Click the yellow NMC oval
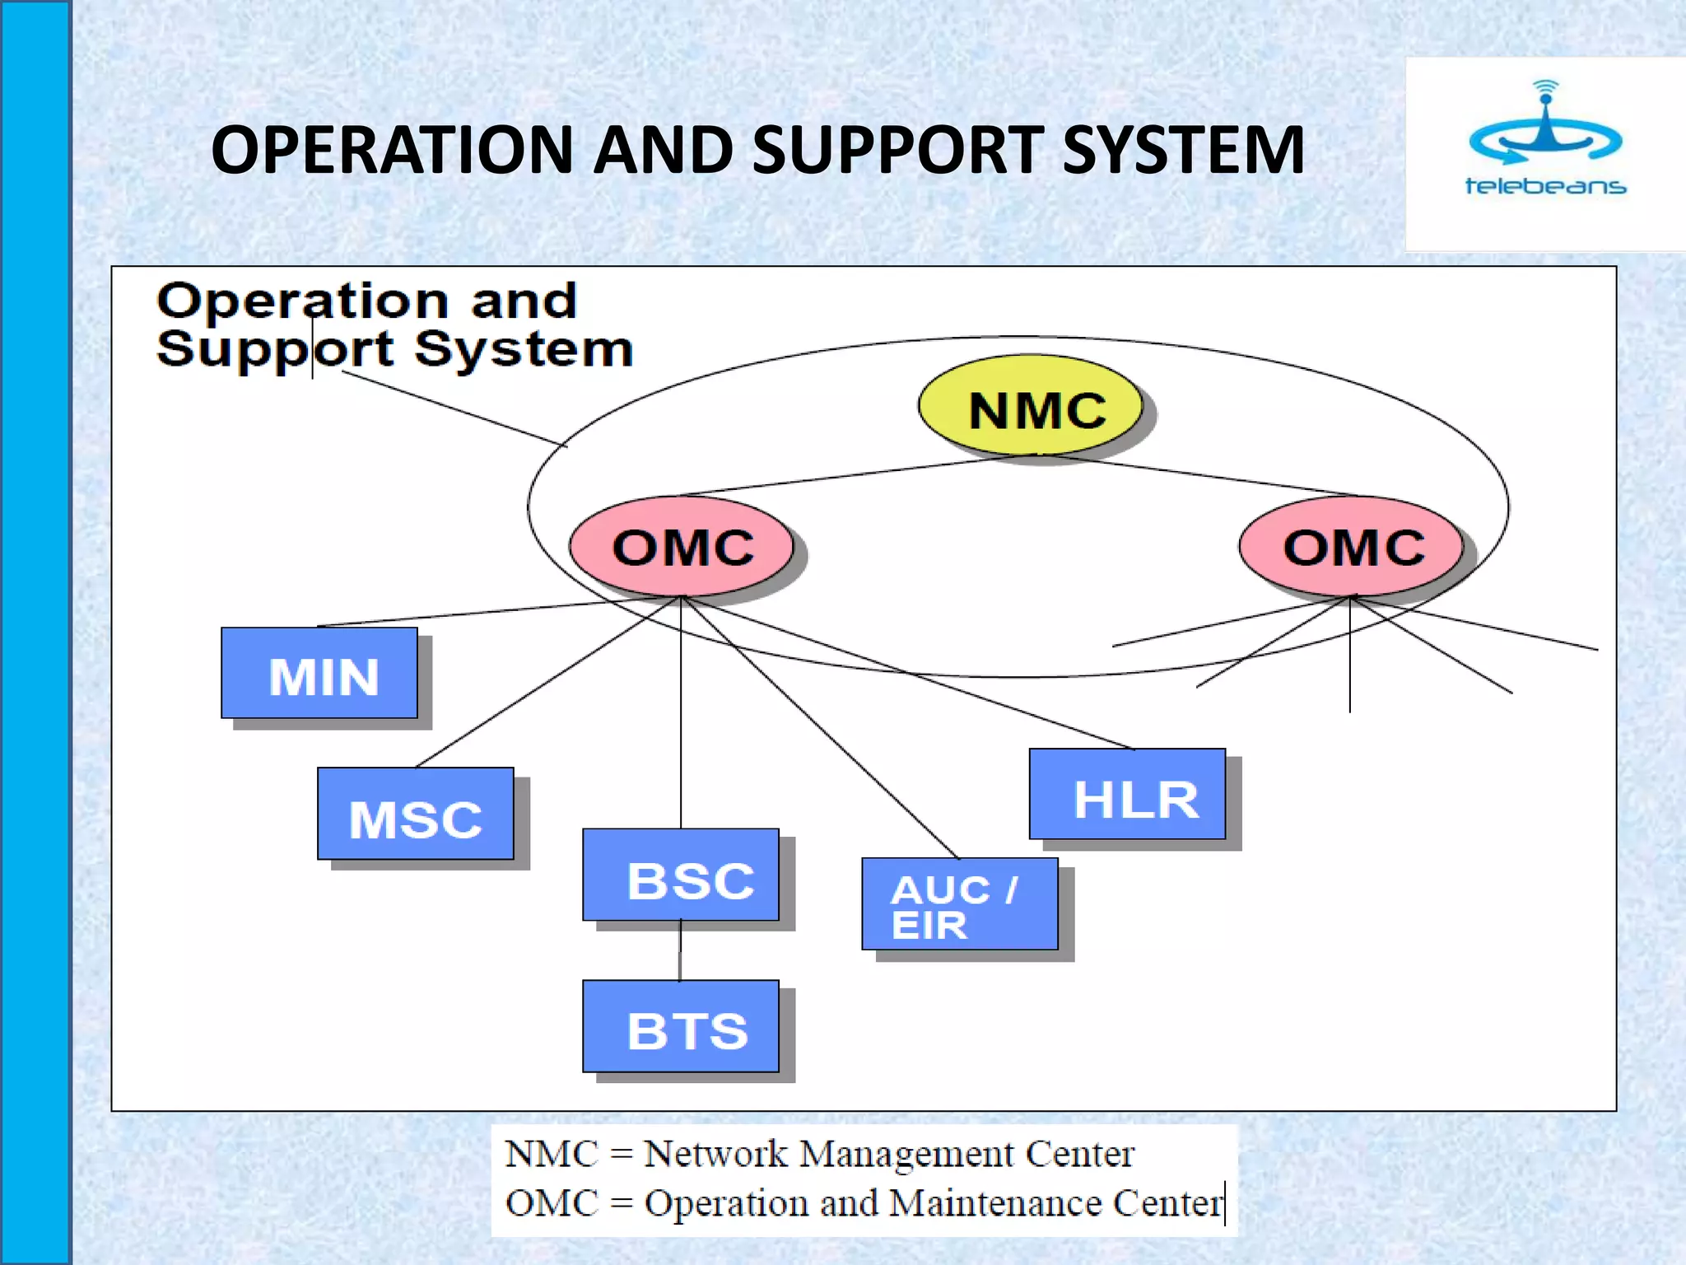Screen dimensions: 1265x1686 (1031, 405)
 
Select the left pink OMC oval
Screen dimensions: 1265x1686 (682, 546)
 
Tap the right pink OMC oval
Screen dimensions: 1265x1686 (1351, 546)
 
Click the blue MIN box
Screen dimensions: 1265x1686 (319, 674)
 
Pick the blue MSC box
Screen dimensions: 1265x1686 (416, 815)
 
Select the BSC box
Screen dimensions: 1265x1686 (681, 875)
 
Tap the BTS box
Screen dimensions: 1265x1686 (681, 1026)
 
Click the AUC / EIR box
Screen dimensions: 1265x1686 (960, 904)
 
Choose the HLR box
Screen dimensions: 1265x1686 (1128, 795)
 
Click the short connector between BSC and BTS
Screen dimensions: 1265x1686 (680, 950)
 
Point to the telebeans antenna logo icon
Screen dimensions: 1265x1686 (1545, 128)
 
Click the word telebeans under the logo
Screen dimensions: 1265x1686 (1545, 186)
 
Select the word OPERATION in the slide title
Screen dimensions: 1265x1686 (392, 150)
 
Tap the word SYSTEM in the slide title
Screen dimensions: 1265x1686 (1183, 150)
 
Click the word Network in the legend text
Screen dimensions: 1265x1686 (715, 1154)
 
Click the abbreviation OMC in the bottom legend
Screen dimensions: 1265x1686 (552, 1203)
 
